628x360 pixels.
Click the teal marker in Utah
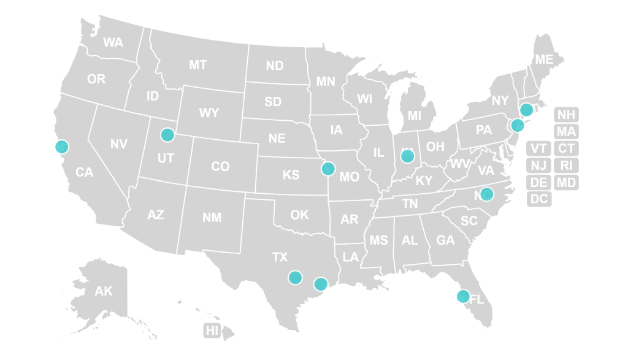click(x=167, y=134)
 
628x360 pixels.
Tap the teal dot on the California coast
click(x=61, y=147)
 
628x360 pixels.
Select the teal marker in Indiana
click(x=408, y=156)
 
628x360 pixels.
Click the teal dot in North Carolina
click(x=486, y=194)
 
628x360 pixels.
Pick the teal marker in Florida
click(x=463, y=296)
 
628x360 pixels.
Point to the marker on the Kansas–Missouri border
click(x=328, y=168)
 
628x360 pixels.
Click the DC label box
click(x=539, y=199)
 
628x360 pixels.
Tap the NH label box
click(x=567, y=115)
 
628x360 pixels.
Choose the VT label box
click(x=539, y=148)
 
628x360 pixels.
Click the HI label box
click(x=212, y=331)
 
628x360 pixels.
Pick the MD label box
click(x=567, y=182)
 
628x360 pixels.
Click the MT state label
click(x=197, y=64)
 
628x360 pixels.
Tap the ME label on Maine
click(x=544, y=59)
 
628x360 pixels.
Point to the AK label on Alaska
click(x=104, y=291)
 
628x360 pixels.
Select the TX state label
click(x=280, y=257)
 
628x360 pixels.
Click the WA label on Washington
click(x=113, y=42)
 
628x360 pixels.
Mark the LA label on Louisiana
click(x=351, y=258)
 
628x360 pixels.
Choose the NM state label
click(x=212, y=217)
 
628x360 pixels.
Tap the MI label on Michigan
click(x=415, y=116)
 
